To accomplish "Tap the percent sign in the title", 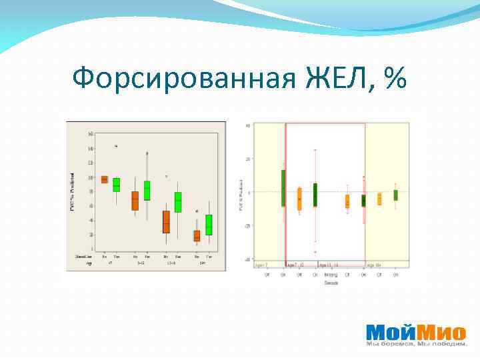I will [395, 80].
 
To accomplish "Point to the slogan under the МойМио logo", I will [416, 345].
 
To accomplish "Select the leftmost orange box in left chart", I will [104, 179].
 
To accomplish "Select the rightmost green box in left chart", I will [209, 225].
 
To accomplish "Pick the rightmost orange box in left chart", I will [197, 235].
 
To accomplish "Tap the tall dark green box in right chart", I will [283, 188].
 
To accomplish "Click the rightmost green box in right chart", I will [395, 195].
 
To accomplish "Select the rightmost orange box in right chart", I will [379, 199].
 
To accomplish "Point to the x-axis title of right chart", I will [331, 283].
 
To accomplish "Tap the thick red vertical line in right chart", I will [286, 193].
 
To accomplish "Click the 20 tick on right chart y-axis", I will [247, 159].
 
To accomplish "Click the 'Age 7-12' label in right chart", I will [295, 265].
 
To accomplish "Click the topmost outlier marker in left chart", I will [116, 145].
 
